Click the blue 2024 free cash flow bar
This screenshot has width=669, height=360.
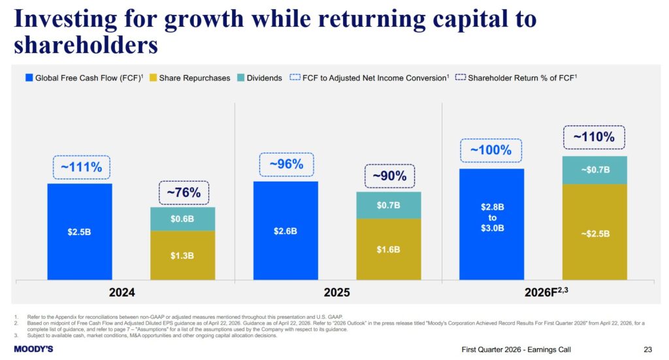coord(80,232)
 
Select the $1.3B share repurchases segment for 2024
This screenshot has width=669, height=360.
coord(182,255)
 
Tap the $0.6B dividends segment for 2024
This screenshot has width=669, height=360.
coord(182,219)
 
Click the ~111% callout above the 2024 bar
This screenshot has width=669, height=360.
coord(81,167)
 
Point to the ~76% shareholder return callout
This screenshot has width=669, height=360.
coord(183,193)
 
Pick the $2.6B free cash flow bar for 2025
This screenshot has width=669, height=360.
coord(286,231)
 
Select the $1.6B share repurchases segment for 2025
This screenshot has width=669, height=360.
coord(389,249)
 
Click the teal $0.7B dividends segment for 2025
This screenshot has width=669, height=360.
coord(389,205)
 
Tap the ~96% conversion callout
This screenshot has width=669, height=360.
coord(287,165)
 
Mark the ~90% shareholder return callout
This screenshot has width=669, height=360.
coord(389,176)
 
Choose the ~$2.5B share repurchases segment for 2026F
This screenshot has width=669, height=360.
coord(594,232)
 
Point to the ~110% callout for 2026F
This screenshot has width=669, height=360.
coord(594,138)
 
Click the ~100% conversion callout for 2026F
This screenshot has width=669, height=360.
coord(491,150)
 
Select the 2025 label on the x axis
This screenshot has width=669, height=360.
coord(337,293)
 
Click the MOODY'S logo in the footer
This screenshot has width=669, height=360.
coord(33,349)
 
